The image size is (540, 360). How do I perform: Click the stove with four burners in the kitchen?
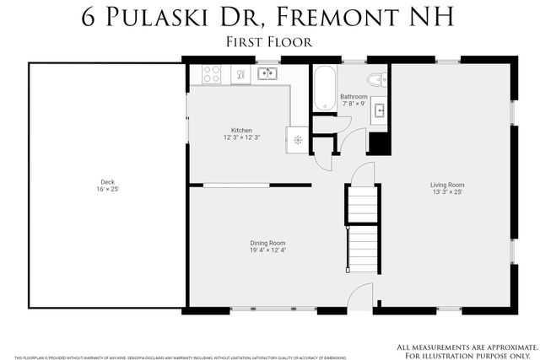pyautogui.click(x=212, y=74)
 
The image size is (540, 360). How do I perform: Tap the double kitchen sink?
pyautogui.click(x=267, y=73)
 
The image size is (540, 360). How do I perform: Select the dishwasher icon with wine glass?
pyautogui.click(x=240, y=75)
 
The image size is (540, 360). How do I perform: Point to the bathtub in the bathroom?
pyautogui.click(x=324, y=88)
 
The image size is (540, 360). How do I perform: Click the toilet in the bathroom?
pyautogui.click(x=380, y=79)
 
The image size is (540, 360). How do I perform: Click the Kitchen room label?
pyautogui.click(x=242, y=131)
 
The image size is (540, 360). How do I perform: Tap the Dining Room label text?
pyautogui.click(x=266, y=243)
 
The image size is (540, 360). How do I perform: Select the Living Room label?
pyautogui.click(x=447, y=185)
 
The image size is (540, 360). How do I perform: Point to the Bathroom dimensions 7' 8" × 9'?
pyautogui.click(x=353, y=105)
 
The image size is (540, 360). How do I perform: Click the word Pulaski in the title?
pyautogui.click(x=161, y=17)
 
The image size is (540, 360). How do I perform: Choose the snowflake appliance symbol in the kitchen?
pyautogui.click(x=298, y=140)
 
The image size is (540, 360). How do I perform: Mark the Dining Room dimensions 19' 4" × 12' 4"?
pyautogui.click(x=266, y=250)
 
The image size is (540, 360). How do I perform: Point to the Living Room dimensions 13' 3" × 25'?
pyautogui.click(x=447, y=192)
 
